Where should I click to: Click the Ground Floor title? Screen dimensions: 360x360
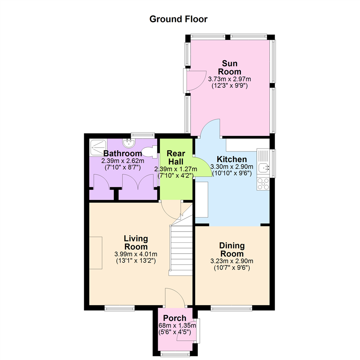pyautogui.click(x=178, y=19)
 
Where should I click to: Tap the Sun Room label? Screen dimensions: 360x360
pyautogui.click(x=229, y=67)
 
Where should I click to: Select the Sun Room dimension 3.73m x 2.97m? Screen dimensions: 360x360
pyautogui.click(x=229, y=79)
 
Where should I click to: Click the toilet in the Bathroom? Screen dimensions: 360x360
pyautogui.click(x=149, y=152)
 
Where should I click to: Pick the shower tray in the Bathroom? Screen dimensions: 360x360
pyautogui.click(x=98, y=147)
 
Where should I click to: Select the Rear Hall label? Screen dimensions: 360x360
pyautogui.click(x=176, y=157)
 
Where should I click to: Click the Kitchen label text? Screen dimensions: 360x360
pyautogui.click(x=232, y=159)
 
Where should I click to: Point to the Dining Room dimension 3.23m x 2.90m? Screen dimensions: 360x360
pyautogui.click(x=232, y=261)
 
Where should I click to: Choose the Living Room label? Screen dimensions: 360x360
pyautogui.click(x=136, y=242)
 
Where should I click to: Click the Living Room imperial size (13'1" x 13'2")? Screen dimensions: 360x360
pyautogui.click(x=136, y=261)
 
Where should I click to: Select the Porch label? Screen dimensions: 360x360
pyautogui.click(x=174, y=318)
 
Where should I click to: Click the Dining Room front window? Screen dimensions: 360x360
pyautogui.click(x=231, y=308)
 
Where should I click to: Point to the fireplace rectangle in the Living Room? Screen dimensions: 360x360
pyautogui.click(x=96, y=253)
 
